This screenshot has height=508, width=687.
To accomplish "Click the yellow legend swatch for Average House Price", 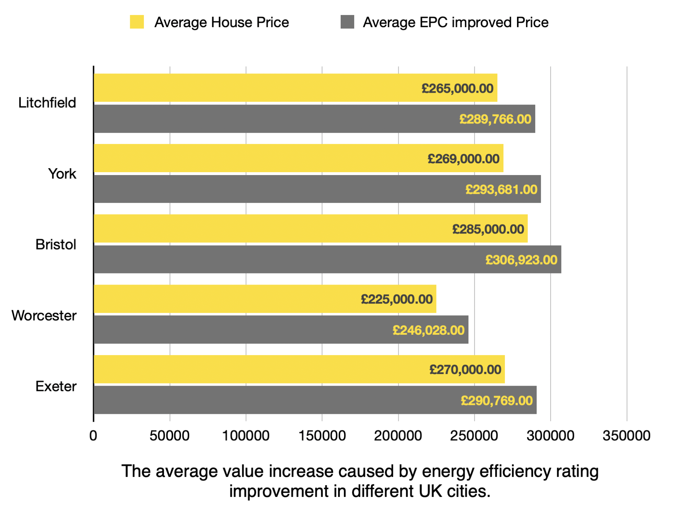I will pyautogui.click(x=137, y=22).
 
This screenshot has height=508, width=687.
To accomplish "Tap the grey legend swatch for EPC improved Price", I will pyautogui.click(x=347, y=22).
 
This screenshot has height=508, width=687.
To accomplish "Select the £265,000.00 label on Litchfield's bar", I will pyautogui.click(x=457, y=88).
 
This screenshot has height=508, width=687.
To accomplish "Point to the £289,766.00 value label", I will pyautogui.click(x=495, y=119).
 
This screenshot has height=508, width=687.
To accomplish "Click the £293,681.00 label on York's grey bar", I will pyautogui.click(x=501, y=189).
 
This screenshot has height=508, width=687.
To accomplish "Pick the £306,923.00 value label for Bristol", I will pyautogui.click(x=521, y=260).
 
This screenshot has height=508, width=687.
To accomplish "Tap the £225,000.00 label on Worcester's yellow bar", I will pyautogui.click(x=396, y=299).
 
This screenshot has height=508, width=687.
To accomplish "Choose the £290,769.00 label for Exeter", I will pyautogui.click(x=496, y=401).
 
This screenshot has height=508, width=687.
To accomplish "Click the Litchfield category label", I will pyautogui.click(x=47, y=103).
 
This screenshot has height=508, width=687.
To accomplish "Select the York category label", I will pyautogui.click(x=62, y=174).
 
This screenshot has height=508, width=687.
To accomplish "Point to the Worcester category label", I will pyautogui.click(x=44, y=316).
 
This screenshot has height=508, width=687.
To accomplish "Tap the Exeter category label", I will pyautogui.click(x=56, y=387).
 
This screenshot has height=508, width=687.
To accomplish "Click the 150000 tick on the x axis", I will pyautogui.click(x=322, y=436).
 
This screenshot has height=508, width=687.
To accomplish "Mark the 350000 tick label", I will pyautogui.click(x=626, y=436).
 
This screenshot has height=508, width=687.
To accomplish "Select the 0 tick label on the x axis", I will pyautogui.click(x=93, y=436).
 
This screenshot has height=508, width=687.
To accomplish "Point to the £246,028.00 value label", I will pyautogui.click(x=428, y=330).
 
